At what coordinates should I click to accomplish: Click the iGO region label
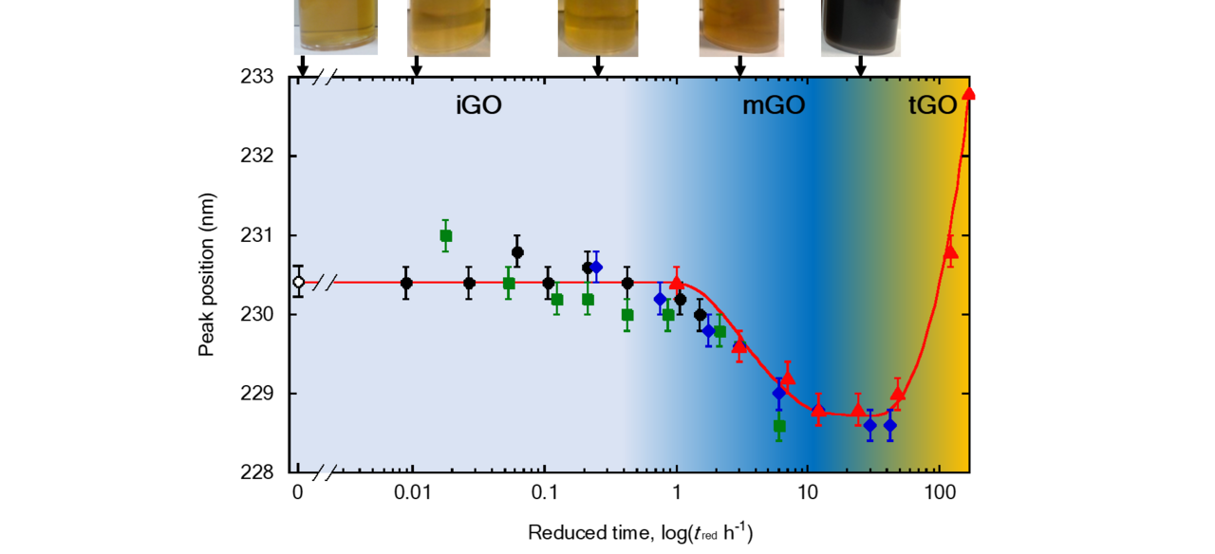coord(477,106)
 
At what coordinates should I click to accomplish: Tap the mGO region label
coord(773,106)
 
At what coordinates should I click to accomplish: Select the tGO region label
coord(932,106)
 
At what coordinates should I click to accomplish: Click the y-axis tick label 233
coord(257,77)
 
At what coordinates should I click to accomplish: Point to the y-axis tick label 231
coord(257,235)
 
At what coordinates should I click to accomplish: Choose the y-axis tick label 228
coord(257,472)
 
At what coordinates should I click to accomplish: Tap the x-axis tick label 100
coord(939,493)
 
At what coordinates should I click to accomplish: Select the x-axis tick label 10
coord(807,493)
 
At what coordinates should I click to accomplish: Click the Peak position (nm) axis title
coord(206,274)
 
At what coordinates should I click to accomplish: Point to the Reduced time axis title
coord(640,532)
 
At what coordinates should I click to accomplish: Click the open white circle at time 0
coord(299,282)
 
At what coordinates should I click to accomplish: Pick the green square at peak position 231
coord(445,235)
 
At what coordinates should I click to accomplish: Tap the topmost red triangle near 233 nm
coord(968,93)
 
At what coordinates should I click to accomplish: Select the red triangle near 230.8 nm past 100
coord(950,251)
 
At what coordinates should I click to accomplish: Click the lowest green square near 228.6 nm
coord(779,426)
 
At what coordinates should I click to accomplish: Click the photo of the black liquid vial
coord(860,28)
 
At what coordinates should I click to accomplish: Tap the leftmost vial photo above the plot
coord(335,27)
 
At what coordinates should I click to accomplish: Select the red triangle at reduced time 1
coord(676,283)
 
